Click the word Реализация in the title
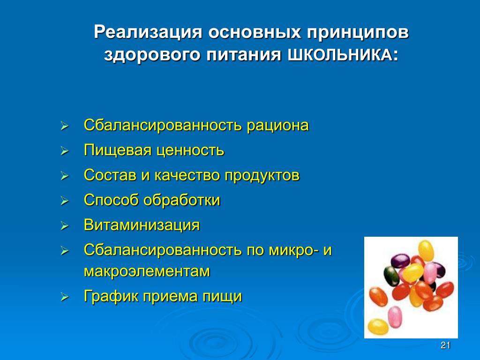coord(148,32)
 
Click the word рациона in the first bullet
coord(277,126)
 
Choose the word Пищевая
coord(118,150)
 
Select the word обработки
coord(182,200)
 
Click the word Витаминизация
coord(142,225)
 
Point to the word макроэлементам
coord(147,271)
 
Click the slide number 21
coord(445,345)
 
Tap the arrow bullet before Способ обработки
coord(64,201)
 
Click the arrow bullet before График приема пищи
coord(64,297)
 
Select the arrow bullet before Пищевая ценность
coord(64,151)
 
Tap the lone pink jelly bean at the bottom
coord(395,317)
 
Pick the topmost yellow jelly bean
coord(426,250)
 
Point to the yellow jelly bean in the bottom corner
coord(378,327)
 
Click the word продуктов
coord(262,176)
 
